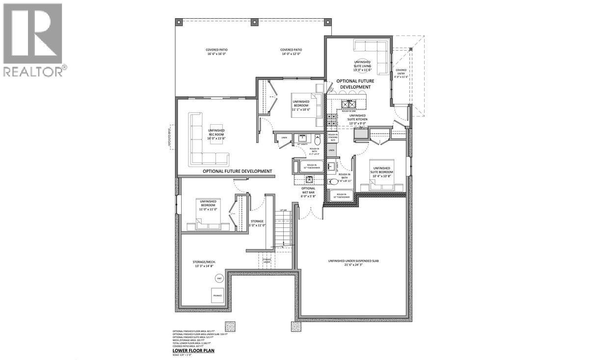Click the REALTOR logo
33,39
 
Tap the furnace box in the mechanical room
217,296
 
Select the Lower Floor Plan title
193,351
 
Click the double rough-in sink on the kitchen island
349,104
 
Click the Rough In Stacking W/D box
333,138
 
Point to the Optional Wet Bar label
308,192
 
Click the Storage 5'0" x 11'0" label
257,223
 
